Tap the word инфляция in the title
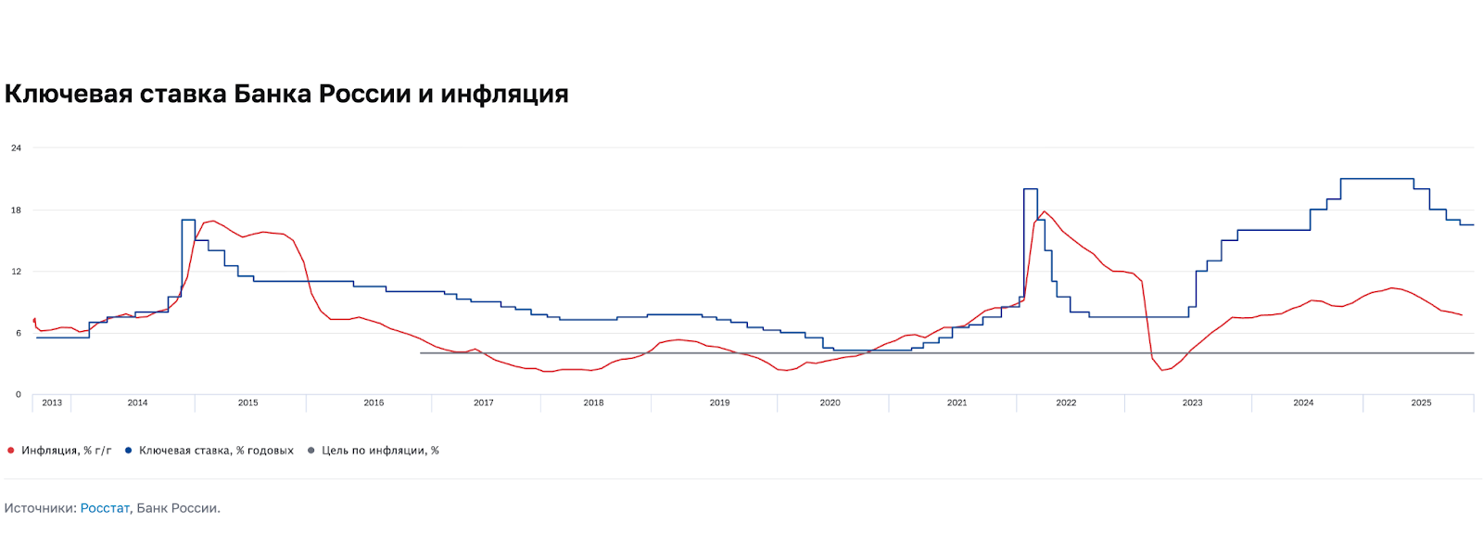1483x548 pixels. [x=504, y=94]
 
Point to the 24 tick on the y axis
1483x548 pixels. [x=16, y=148]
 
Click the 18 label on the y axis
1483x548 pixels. [x=16, y=210]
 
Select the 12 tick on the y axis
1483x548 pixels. [x=16, y=272]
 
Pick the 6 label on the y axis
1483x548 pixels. [x=18, y=333]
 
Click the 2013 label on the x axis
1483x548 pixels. [x=52, y=402]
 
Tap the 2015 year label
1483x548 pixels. [x=247, y=402]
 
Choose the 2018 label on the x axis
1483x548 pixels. [x=593, y=402]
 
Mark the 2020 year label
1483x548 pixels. [x=830, y=402]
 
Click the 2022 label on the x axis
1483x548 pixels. [x=1066, y=402]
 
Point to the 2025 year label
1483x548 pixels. [x=1421, y=402]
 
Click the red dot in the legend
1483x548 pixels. [x=11, y=451]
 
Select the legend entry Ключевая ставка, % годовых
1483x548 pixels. [x=216, y=451]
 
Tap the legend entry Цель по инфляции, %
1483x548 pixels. [x=380, y=451]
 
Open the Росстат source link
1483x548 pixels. [x=105, y=508]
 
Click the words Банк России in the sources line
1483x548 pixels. [x=177, y=508]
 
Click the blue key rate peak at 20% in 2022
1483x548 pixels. [x=1030, y=189]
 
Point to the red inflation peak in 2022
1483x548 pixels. [x=1045, y=212]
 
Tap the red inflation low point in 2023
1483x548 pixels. [x=1162, y=370]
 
